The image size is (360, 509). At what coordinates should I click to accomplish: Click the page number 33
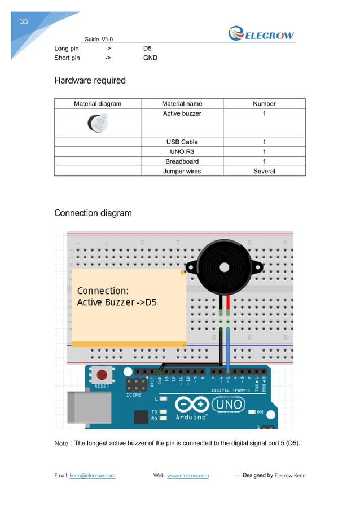pos(24,22)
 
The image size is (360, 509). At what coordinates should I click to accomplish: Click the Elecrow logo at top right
pos(261,34)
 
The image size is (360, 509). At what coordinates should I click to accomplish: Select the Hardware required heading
pos(90,81)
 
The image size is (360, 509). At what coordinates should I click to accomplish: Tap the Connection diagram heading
pos(93,213)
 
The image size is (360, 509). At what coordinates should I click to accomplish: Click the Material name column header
pos(182,104)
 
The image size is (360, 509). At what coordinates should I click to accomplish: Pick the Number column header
pos(264,104)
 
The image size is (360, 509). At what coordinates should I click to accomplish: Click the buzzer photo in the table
pos(97,122)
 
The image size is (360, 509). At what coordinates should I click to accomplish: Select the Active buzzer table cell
pos(182,114)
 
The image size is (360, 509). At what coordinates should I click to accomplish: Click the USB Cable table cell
pos(182,142)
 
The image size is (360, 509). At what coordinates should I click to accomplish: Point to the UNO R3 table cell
pos(182,152)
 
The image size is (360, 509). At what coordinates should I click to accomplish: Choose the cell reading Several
pos(264,171)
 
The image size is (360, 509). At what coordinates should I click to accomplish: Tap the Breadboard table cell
pos(182,161)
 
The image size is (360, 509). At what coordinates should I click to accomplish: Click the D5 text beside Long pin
pos(148,49)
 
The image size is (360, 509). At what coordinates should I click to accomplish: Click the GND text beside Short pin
pos(150,58)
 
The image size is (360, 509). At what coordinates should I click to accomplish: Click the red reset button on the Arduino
pos(102,375)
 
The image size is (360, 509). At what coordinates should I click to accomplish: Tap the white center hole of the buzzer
pos(224,266)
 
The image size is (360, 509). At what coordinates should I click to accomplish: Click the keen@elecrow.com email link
pos(92,476)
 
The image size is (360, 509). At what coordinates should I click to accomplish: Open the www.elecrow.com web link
pos(188,476)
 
